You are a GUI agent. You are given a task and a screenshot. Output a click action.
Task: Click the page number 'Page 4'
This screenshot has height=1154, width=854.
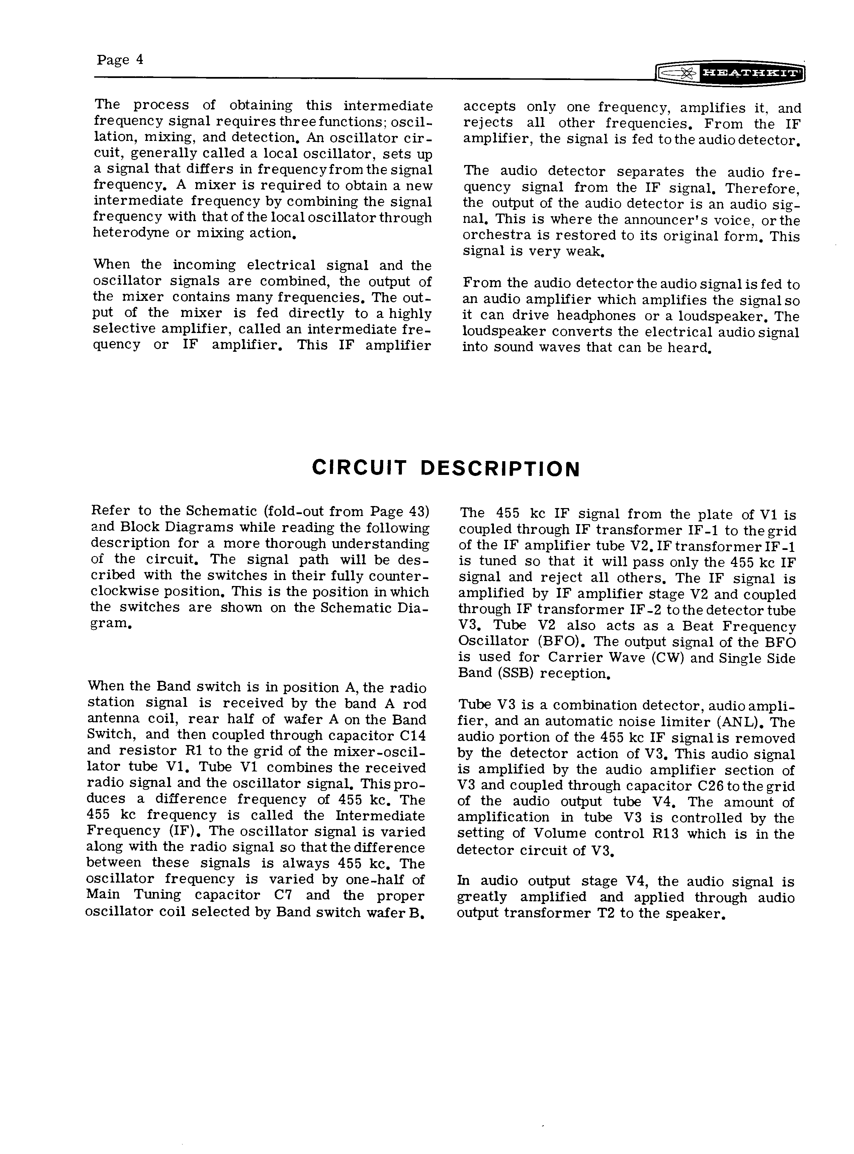(x=119, y=60)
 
